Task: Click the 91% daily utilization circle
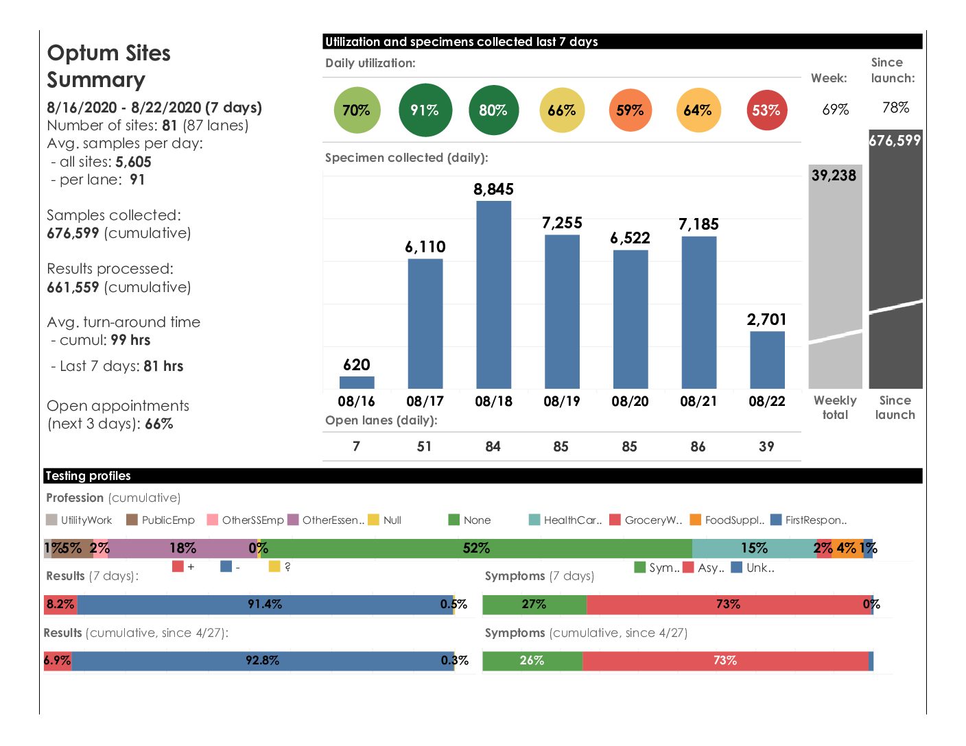(x=425, y=110)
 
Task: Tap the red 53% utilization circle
(x=766, y=110)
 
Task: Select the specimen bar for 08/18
(x=493, y=295)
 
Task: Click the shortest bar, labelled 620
(x=357, y=383)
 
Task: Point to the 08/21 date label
(x=698, y=401)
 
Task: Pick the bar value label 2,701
(x=766, y=320)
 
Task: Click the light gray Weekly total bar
(x=835, y=274)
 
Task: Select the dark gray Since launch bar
(x=895, y=261)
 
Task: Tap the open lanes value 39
(x=766, y=446)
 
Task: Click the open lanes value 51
(x=425, y=446)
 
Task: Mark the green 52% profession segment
(x=476, y=549)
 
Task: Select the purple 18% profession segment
(x=182, y=549)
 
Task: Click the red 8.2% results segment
(x=60, y=604)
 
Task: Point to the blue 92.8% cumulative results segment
(x=262, y=660)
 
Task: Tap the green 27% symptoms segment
(x=534, y=604)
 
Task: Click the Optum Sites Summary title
(x=108, y=66)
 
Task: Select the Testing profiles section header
(x=88, y=476)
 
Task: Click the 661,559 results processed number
(x=73, y=287)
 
